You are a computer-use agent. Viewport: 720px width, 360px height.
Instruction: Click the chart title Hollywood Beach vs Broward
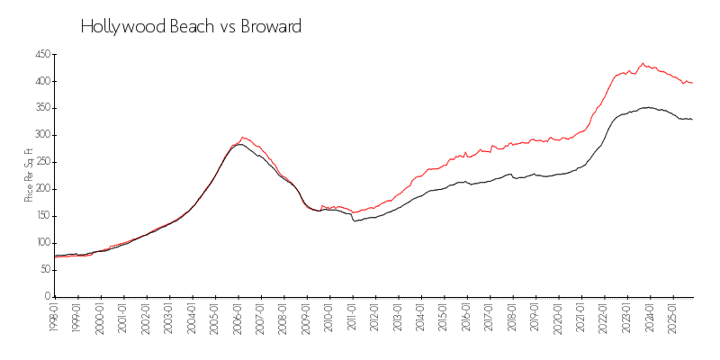191,27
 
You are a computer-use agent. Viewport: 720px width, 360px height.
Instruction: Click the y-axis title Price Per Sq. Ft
30,175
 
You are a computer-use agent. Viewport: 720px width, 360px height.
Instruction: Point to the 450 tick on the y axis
42,55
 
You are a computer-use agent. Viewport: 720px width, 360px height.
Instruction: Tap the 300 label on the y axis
42,135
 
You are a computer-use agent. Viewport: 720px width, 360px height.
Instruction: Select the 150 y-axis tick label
42,216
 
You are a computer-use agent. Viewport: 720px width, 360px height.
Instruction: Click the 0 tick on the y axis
48,296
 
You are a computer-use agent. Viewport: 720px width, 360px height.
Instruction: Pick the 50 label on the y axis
44,269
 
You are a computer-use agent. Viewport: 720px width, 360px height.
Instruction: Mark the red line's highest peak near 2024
643,63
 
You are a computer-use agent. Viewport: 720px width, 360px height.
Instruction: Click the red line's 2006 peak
242,138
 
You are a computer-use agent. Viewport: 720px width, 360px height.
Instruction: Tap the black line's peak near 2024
645,107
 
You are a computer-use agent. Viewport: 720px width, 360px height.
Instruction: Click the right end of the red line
692,84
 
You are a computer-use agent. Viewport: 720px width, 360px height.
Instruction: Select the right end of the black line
692,120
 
